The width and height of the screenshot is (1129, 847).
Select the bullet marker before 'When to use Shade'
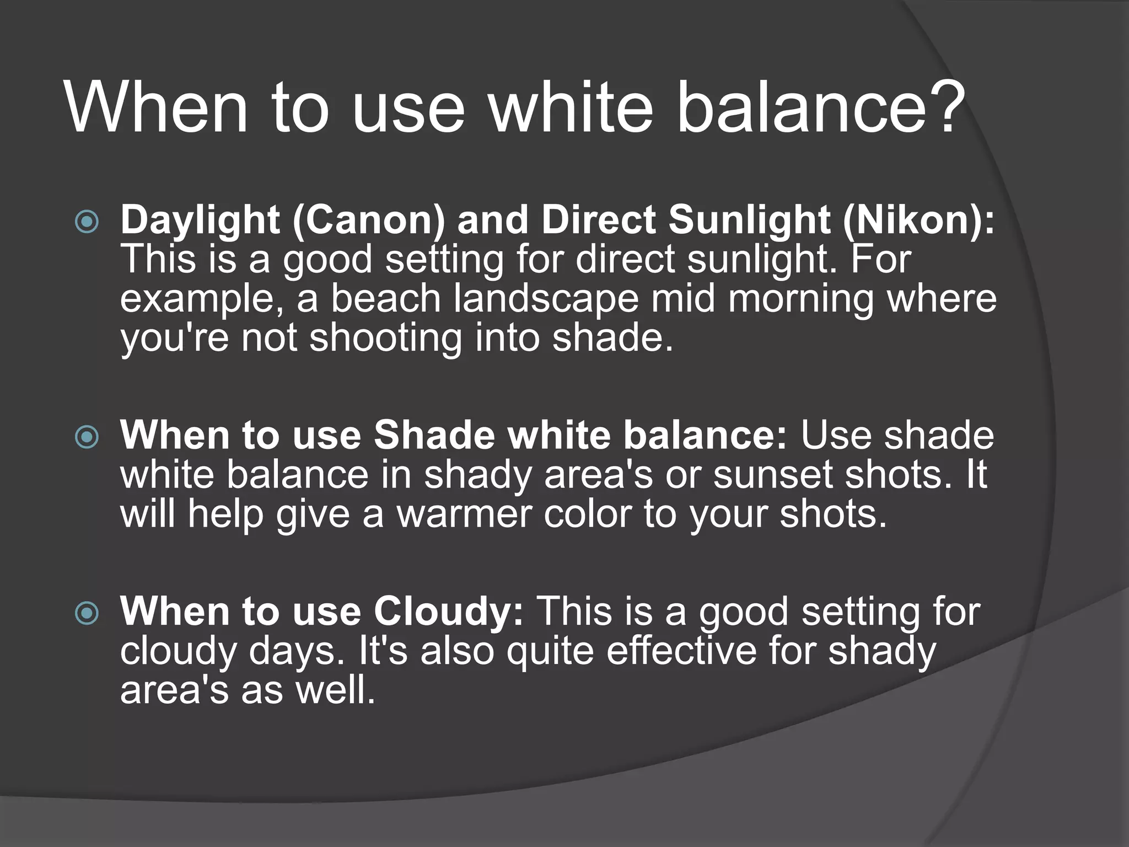[x=87, y=438]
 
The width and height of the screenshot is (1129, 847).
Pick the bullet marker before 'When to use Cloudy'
[x=87, y=614]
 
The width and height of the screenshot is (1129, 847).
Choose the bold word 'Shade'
[x=434, y=435]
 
